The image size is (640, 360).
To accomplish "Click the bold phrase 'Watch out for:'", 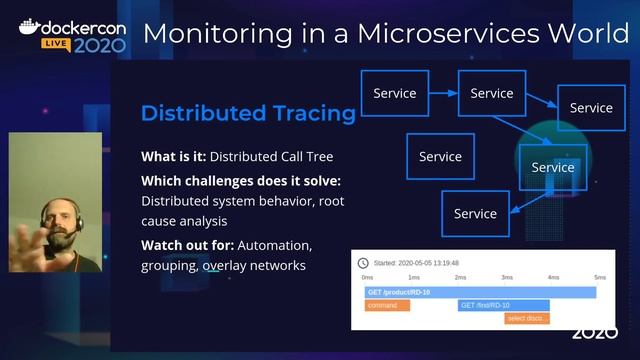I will (x=189, y=245).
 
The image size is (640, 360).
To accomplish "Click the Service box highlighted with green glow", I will (x=553, y=167).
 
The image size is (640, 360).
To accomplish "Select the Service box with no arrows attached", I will (x=440, y=156).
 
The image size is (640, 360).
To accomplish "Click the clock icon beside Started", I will (x=363, y=263).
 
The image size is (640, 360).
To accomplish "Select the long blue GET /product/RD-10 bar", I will (x=480, y=292).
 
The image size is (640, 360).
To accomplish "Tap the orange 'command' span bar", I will (x=387, y=305).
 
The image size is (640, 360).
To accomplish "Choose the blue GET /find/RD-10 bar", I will (x=502, y=305).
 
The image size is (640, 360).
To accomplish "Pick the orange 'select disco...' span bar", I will (x=526, y=318).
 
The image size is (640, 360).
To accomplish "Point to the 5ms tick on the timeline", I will (x=600, y=277).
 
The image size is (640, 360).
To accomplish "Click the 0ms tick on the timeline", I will (x=367, y=277).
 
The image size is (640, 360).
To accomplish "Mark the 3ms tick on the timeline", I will (x=507, y=277).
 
